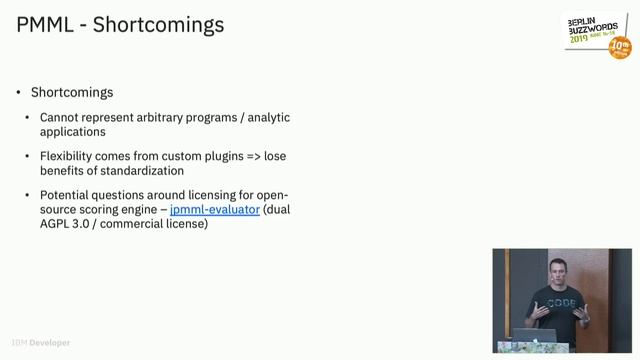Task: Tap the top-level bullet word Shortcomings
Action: coord(72,92)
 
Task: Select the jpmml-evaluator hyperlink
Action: coord(215,210)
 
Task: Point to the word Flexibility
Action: coord(72,157)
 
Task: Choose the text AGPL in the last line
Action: coord(56,224)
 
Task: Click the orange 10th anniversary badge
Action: coord(620,47)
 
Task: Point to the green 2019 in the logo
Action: coord(581,43)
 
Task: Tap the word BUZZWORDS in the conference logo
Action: coord(596,31)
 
